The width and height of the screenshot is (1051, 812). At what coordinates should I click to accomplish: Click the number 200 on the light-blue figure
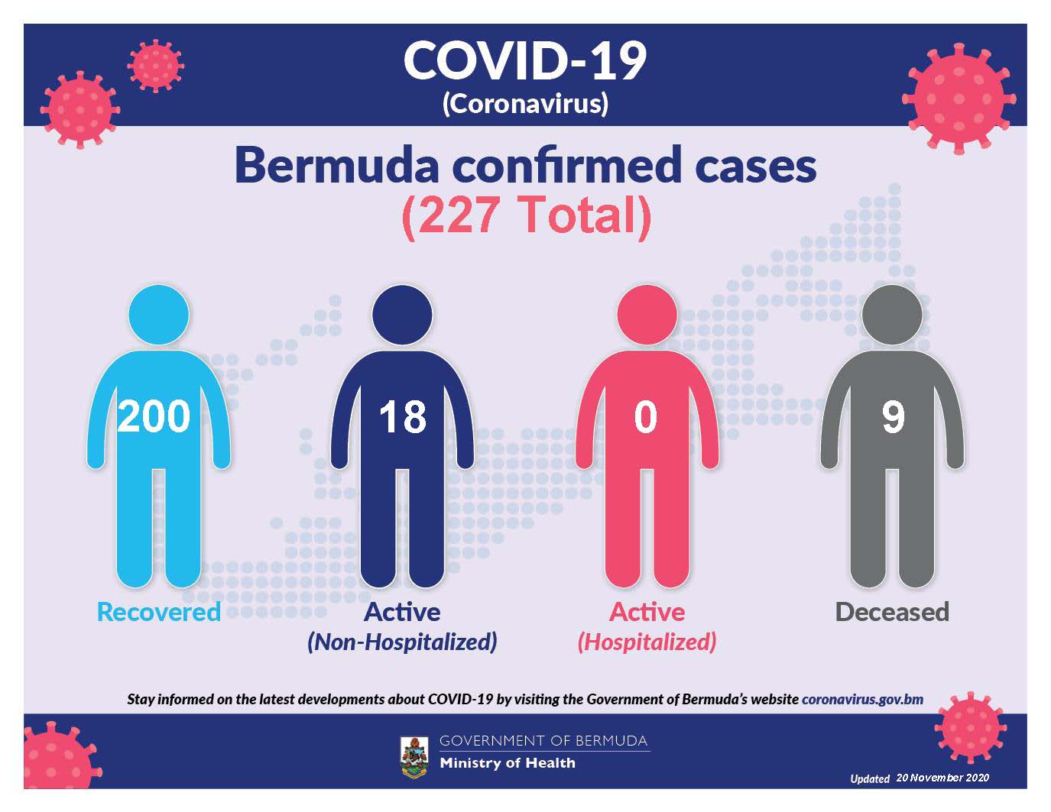[x=154, y=416]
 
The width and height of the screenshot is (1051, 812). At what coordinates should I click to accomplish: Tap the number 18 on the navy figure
[x=402, y=416]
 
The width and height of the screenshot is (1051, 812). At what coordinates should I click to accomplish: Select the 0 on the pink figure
[x=646, y=416]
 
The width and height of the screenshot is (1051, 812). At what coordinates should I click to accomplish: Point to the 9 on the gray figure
[x=893, y=416]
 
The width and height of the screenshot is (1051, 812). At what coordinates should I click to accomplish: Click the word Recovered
[x=159, y=612]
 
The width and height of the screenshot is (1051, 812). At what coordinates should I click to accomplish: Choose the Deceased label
[x=892, y=612]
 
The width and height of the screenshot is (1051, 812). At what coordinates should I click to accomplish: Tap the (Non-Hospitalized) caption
[x=402, y=642]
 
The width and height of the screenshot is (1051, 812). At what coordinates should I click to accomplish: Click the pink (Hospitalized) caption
[x=647, y=642]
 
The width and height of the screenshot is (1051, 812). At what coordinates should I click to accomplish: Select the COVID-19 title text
[x=525, y=60]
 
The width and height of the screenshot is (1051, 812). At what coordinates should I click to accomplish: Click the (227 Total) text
[x=526, y=215]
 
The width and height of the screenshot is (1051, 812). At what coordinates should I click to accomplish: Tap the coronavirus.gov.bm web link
[x=862, y=700]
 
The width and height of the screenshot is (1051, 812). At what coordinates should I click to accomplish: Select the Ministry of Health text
[x=508, y=763]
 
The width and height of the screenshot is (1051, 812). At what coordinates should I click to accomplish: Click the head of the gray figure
[x=892, y=315]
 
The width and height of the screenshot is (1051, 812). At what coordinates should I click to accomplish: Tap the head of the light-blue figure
[x=159, y=315]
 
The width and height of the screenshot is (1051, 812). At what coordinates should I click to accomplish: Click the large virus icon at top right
[x=959, y=99]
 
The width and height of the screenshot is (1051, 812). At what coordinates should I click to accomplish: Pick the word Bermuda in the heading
[x=336, y=166]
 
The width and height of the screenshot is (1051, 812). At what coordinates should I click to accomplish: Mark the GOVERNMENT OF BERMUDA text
[x=543, y=741]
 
